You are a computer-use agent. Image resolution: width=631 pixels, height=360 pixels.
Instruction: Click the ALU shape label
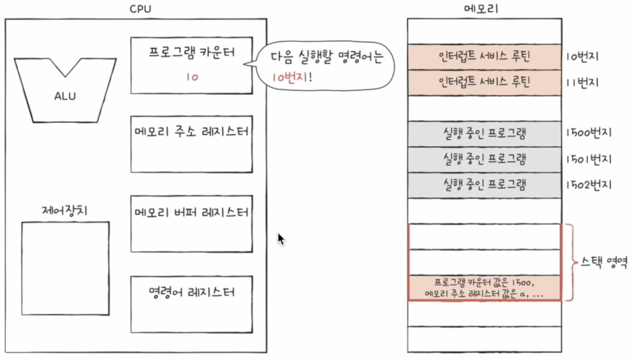(x=65, y=96)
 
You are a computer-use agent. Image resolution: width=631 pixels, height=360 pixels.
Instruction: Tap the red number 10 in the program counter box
(x=192, y=77)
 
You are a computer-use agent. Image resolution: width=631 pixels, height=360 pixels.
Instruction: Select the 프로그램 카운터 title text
(x=192, y=52)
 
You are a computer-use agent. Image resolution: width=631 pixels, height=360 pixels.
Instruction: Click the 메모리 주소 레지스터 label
(x=191, y=132)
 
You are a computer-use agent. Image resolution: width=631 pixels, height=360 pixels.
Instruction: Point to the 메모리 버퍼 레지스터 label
(x=191, y=212)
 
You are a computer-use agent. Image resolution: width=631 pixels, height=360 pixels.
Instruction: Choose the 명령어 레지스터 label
(x=192, y=292)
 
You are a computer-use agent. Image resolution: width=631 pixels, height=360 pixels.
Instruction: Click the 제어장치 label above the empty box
(x=65, y=210)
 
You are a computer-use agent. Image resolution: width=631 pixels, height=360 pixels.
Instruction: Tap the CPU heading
(x=140, y=9)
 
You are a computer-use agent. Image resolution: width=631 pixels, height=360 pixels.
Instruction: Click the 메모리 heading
(x=481, y=9)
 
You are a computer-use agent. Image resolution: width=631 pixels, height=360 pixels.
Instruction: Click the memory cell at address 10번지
(x=484, y=56)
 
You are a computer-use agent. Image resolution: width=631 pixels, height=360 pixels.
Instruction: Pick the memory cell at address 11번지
(x=484, y=82)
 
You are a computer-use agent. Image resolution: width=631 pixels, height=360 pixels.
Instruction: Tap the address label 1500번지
(x=588, y=133)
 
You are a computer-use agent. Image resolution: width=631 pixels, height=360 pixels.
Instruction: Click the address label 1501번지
(x=588, y=159)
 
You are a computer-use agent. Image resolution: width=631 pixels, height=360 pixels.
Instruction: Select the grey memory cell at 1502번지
(x=484, y=185)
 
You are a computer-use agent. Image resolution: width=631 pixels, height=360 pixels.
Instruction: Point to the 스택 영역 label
(x=604, y=262)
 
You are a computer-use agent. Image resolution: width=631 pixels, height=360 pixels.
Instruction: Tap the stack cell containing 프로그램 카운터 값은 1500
(x=484, y=288)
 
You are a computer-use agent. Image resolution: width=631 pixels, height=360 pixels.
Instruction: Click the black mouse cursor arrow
(x=281, y=239)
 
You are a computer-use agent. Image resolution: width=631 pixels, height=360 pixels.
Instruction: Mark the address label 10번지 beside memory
(x=582, y=57)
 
